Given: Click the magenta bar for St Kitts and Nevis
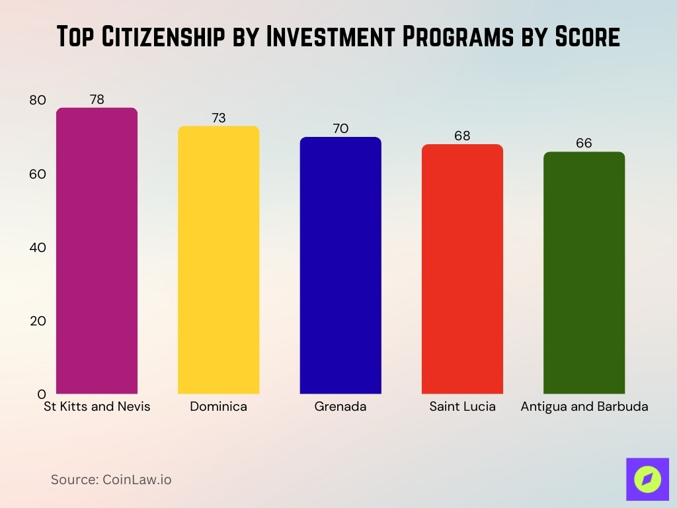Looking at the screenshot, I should (x=97, y=251).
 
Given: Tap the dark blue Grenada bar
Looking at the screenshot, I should (x=340, y=265).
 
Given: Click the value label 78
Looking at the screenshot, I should (x=97, y=99).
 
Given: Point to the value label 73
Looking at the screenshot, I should (x=218, y=118).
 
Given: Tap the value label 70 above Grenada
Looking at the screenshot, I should (x=340, y=128).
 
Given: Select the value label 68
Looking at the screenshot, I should (x=462, y=136).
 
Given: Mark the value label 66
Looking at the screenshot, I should (x=584, y=143).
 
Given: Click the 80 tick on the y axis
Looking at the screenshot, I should (x=38, y=101).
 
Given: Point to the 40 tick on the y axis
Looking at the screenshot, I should (x=38, y=247).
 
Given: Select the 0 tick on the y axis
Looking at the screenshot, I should (x=40, y=394).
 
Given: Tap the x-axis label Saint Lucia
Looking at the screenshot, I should (x=462, y=406).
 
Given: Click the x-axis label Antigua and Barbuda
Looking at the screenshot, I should (x=584, y=406).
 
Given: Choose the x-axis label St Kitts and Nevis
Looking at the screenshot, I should (x=97, y=406).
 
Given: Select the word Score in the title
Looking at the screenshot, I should (x=581, y=37).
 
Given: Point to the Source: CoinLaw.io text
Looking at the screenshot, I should (x=111, y=480).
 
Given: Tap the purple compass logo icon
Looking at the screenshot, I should (x=647, y=479).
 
